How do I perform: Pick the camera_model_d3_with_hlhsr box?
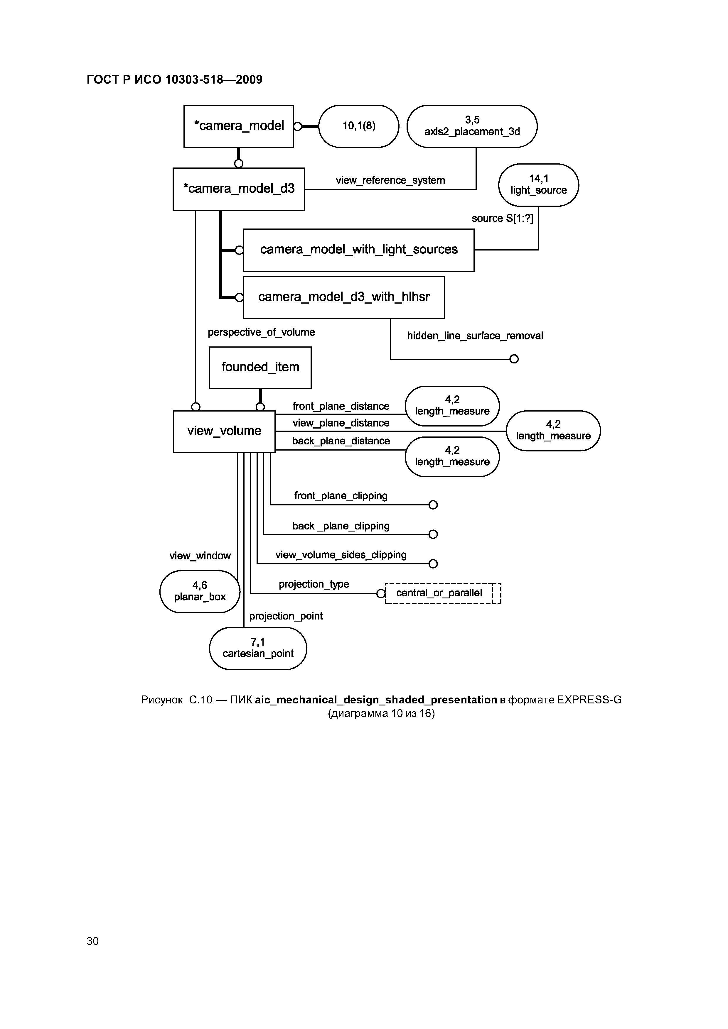343,297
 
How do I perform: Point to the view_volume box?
224,431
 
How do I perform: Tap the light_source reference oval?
538,185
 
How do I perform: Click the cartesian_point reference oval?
258,648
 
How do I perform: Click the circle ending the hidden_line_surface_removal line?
514,359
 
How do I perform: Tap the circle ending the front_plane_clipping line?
433,505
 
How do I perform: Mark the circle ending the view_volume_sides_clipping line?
433,564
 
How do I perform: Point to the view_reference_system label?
390,180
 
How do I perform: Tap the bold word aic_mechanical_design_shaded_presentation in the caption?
376,700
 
